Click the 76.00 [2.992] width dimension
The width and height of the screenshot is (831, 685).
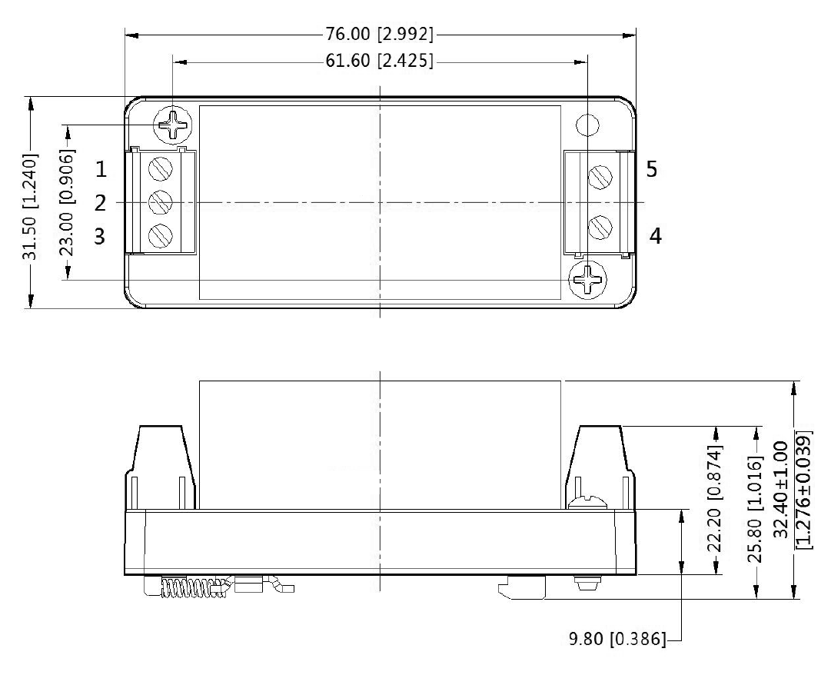point(380,35)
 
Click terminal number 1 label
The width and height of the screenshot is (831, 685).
point(101,168)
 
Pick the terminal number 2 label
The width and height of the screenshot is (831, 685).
point(101,203)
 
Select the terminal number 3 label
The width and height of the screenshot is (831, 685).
point(101,236)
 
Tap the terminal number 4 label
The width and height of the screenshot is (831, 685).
point(654,235)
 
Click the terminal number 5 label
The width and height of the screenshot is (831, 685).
point(651,169)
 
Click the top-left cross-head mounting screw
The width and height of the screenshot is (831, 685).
point(174,123)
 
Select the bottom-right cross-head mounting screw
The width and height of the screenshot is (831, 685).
point(588,279)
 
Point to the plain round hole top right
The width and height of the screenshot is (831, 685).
point(587,124)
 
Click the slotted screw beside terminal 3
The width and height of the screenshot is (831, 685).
point(160,234)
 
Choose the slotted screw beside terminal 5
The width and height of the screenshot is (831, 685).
point(600,178)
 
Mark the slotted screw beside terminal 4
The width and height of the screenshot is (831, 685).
point(600,228)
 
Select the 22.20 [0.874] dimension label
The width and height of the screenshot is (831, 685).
point(715,500)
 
